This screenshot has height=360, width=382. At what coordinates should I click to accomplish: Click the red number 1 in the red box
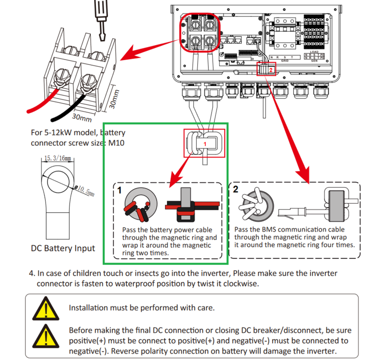tap(204, 143)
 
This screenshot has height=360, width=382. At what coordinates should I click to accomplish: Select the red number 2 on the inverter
tap(271, 70)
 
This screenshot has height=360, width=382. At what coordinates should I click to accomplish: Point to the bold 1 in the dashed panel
tap(119, 191)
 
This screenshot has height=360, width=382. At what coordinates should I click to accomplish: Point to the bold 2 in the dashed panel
tap(236, 189)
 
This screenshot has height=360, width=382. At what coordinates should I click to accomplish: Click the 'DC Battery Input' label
tap(63, 248)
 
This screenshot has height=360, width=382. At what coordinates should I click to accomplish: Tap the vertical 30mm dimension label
tap(114, 96)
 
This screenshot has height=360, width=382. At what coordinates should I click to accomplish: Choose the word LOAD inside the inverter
tap(314, 52)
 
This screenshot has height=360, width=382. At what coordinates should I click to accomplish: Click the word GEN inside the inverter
tap(314, 61)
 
